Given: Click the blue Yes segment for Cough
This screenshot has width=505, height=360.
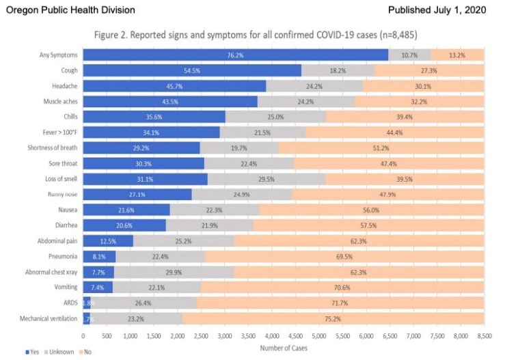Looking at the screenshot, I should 192,70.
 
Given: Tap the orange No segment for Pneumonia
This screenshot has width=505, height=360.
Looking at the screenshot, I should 344,256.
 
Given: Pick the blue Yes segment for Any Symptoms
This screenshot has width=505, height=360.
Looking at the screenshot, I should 235,55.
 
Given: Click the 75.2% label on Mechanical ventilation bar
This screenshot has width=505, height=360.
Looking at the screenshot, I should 333,318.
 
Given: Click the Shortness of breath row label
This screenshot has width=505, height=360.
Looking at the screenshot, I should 54,148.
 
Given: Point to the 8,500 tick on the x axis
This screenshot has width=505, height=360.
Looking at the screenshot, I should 484,336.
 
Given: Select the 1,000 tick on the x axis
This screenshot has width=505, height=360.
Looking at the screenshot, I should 130,336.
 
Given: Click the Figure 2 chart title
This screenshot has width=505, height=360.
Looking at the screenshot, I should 284,35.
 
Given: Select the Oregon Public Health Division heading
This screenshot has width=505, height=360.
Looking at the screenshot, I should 70,10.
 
